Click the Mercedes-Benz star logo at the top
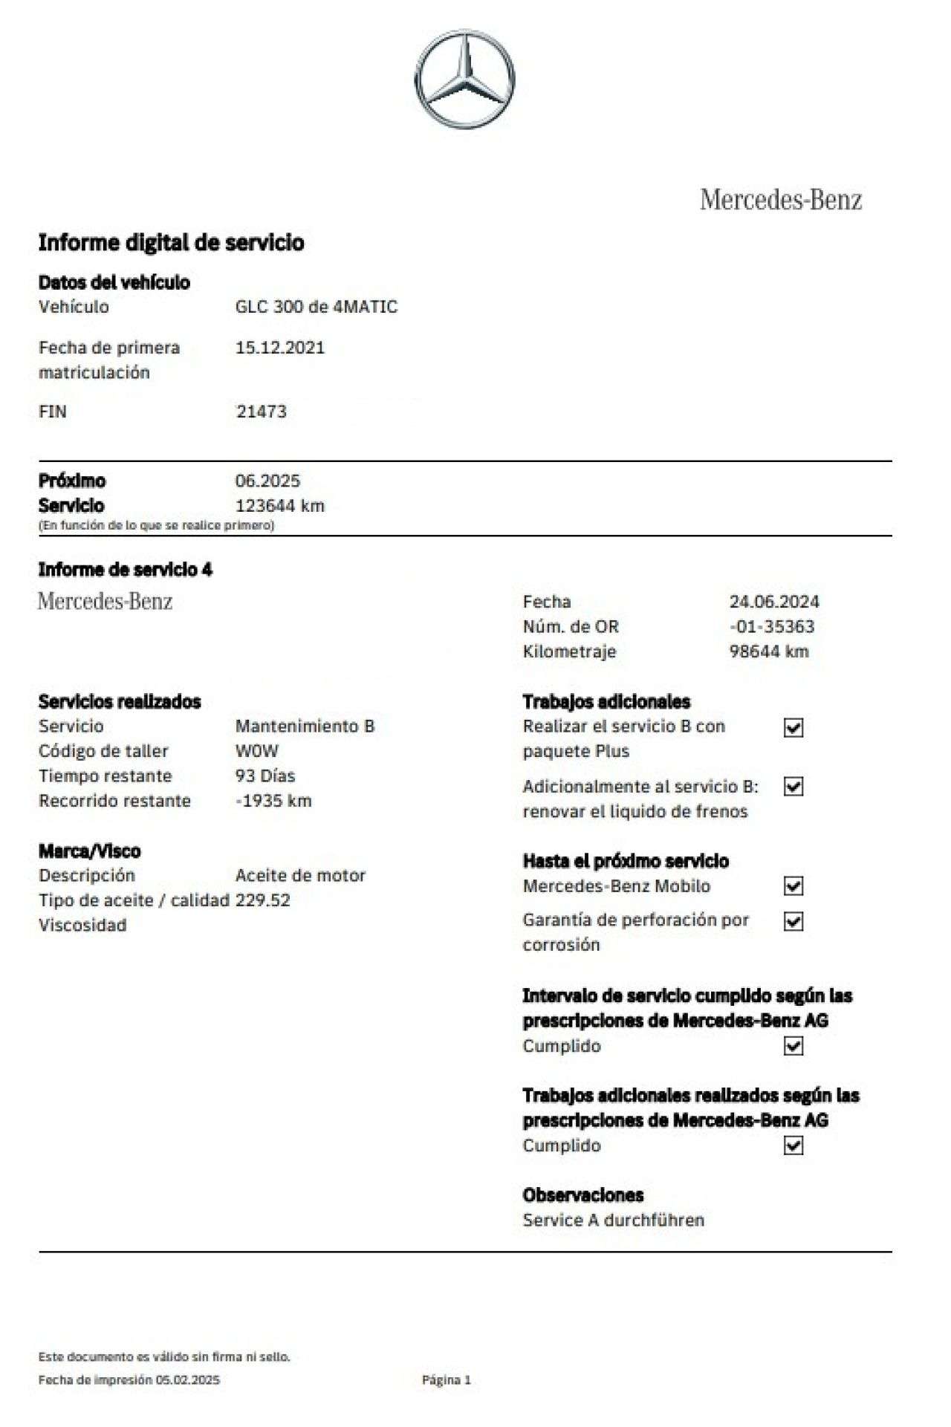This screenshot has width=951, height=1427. coord(464,79)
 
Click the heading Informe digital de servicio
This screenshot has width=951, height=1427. coord(171,243)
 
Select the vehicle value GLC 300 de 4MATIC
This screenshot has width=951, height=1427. coord(316,307)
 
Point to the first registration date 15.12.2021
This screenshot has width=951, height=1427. coord(279,348)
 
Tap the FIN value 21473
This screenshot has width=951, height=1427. coord(261,412)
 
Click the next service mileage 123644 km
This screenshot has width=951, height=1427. coord(279,506)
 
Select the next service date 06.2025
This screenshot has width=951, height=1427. coord(267,481)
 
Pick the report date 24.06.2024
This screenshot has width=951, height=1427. coord(773,602)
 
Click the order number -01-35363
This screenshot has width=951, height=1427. coord(771,627)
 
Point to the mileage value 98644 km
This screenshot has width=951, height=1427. coord(768,651)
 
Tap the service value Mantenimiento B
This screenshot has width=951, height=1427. coord(305,726)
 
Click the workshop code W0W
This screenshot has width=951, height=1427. coord(256,751)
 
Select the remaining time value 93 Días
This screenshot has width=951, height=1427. coord(265,776)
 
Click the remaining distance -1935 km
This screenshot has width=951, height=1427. coord(273,801)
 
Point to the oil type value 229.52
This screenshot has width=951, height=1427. coord(262,900)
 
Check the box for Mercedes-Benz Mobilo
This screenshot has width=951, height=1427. coord(793,886)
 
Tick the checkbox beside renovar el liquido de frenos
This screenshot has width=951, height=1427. coord(793,787)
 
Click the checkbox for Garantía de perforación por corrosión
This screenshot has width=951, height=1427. coord(793,922)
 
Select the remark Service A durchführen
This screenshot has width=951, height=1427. coord(613,1220)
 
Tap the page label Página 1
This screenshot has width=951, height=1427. coord(446,1379)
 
